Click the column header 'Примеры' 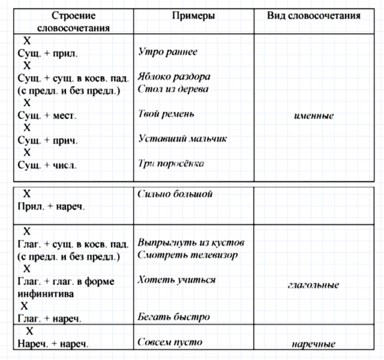(x=193, y=16)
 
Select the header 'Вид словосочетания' (x=313, y=16)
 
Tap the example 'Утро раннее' (x=167, y=52)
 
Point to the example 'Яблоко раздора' (x=173, y=77)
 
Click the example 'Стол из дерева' (x=173, y=89)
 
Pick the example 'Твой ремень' (x=166, y=113)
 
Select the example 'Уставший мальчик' (x=182, y=139)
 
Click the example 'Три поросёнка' (x=171, y=163)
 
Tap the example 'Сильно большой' (x=175, y=194)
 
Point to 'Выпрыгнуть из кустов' (x=191, y=243)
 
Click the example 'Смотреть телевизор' (x=187, y=255)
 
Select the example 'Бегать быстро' (x=173, y=316)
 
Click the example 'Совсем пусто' (x=170, y=343)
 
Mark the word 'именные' (x=314, y=115)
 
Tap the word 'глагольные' (x=313, y=285)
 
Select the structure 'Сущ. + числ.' (x=47, y=165)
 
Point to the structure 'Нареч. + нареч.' (x=53, y=344)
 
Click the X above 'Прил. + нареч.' (x=26, y=194)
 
